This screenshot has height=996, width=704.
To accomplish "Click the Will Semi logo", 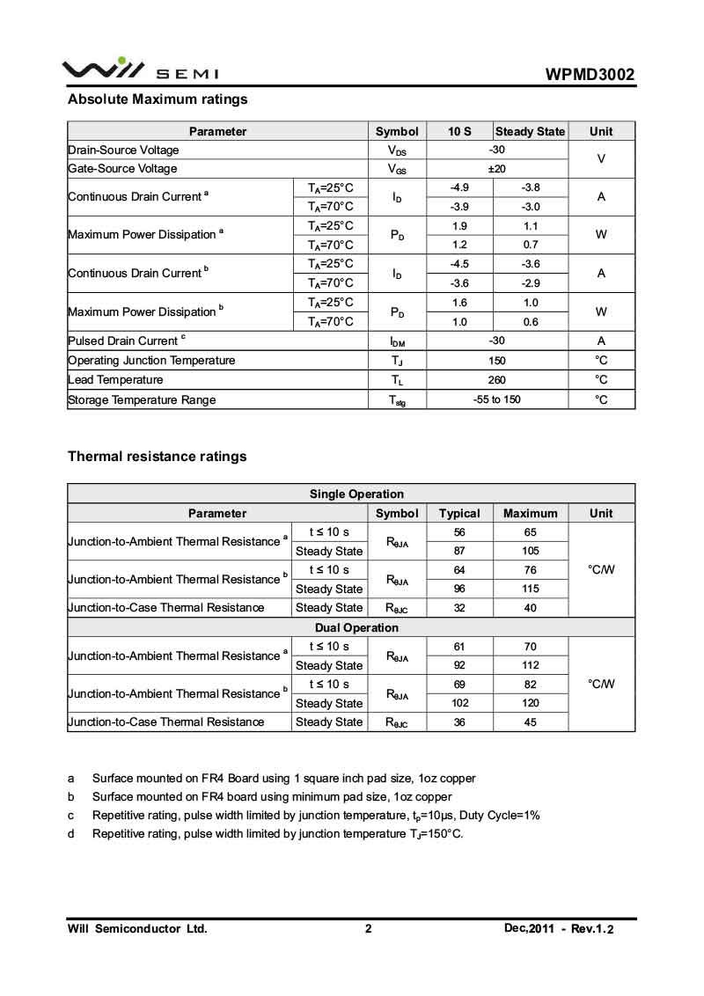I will click(x=140, y=70).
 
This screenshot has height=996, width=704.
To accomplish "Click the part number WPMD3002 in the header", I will click(x=590, y=75).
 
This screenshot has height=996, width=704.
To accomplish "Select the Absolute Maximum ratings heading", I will click(x=158, y=99).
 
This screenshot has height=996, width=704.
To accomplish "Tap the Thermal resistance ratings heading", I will click(x=158, y=457).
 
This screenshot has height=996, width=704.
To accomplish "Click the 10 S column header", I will click(x=459, y=131).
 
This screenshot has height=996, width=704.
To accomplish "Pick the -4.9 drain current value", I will click(x=459, y=187).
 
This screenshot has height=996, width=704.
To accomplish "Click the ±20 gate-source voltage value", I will click(x=497, y=168).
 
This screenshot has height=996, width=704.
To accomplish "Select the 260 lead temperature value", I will click(x=497, y=380).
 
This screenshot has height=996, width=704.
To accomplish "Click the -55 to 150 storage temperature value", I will click(x=497, y=399).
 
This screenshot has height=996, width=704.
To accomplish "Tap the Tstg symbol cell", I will click(x=397, y=400).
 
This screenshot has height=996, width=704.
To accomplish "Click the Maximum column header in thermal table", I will click(x=531, y=513).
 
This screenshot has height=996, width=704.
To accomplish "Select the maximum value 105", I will click(x=531, y=551).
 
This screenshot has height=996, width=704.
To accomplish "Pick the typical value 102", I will click(x=459, y=703).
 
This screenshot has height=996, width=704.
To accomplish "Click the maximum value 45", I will click(x=531, y=721).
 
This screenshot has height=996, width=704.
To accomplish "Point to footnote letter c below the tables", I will click(x=71, y=815).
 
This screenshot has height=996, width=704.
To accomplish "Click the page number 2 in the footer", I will click(x=369, y=928).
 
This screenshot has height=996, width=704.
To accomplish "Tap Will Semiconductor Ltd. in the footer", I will click(x=137, y=928).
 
